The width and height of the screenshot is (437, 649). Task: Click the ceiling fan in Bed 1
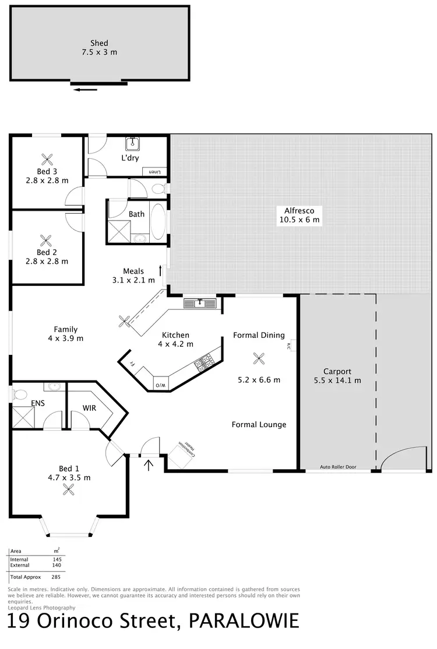point(68,490)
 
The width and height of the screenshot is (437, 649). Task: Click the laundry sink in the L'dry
point(132,144)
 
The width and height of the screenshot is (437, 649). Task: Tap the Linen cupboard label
point(154,172)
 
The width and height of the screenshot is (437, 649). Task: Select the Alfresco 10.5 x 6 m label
point(299,215)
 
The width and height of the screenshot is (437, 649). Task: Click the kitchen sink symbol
point(200,303)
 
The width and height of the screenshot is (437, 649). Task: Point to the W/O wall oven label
point(159,385)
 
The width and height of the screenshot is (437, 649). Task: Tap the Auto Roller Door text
point(338,467)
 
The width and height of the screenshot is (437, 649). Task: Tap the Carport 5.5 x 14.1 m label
point(338,376)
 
